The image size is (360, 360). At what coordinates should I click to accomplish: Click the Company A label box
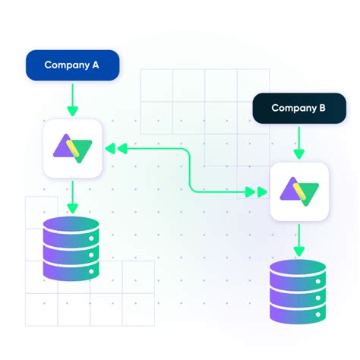tap(72, 65)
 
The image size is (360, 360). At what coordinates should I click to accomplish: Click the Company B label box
tap(298, 109)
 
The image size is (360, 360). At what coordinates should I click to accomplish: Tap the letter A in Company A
tap(95, 65)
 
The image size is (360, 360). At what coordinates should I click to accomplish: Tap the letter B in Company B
tap(322, 109)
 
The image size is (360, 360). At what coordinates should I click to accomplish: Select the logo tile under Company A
tap(72, 149)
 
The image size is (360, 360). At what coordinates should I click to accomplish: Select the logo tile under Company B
tap(298, 191)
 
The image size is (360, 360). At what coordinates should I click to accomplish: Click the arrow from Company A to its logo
tap(72, 99)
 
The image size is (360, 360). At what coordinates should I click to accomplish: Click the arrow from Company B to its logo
tap(299, 143)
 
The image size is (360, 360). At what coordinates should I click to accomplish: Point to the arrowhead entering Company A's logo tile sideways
tap(109, 149)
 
